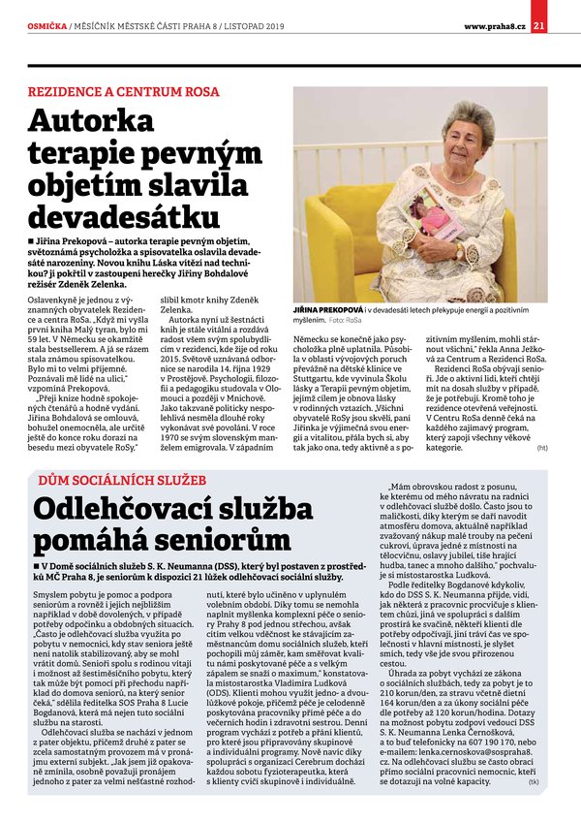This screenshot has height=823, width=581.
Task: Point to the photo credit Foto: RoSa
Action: point(346,318)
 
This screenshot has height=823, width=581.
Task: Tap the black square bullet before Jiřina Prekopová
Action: point(34,238)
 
